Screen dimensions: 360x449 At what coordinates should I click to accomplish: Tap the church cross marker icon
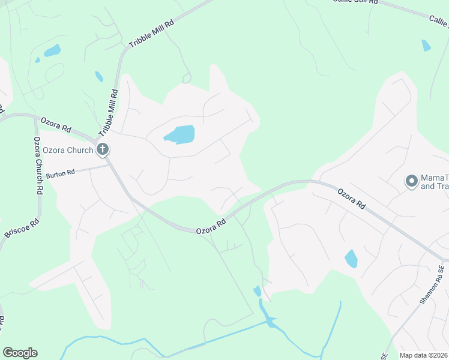click(x=103, y=149)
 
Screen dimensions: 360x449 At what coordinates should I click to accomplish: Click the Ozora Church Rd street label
click(x=38, y=165)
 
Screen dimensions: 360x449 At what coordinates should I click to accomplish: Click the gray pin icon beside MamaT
click(x=412, y=180)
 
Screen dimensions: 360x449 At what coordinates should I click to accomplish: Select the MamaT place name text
click(x=435, y=178)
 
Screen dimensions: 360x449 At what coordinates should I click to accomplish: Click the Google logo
click(x=20, y=353)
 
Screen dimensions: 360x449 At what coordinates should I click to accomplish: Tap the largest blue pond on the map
click(x=180, y=134)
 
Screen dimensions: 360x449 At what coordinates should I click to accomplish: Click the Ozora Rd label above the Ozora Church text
click(x=56, y=125)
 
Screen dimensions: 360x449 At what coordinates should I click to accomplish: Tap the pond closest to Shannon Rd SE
click(x=351, y=259)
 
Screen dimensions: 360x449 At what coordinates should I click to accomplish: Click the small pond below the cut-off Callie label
click(x=426, y=45)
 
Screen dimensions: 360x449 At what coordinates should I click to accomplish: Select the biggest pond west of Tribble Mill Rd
click(x=52, y=50)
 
